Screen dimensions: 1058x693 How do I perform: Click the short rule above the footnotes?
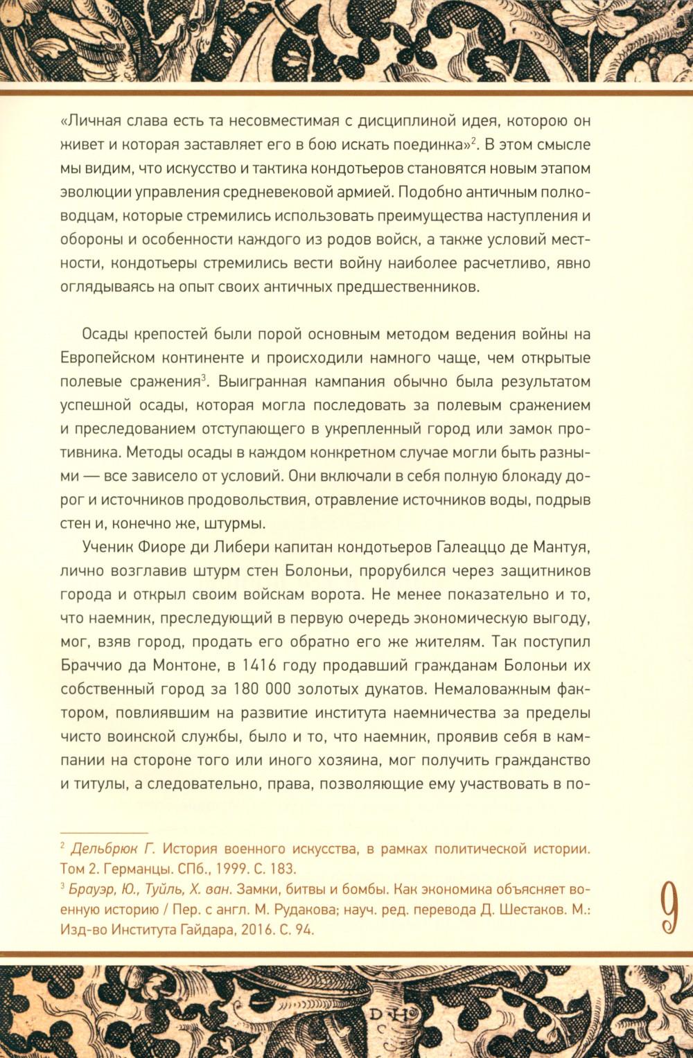click(x=105, y=831)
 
